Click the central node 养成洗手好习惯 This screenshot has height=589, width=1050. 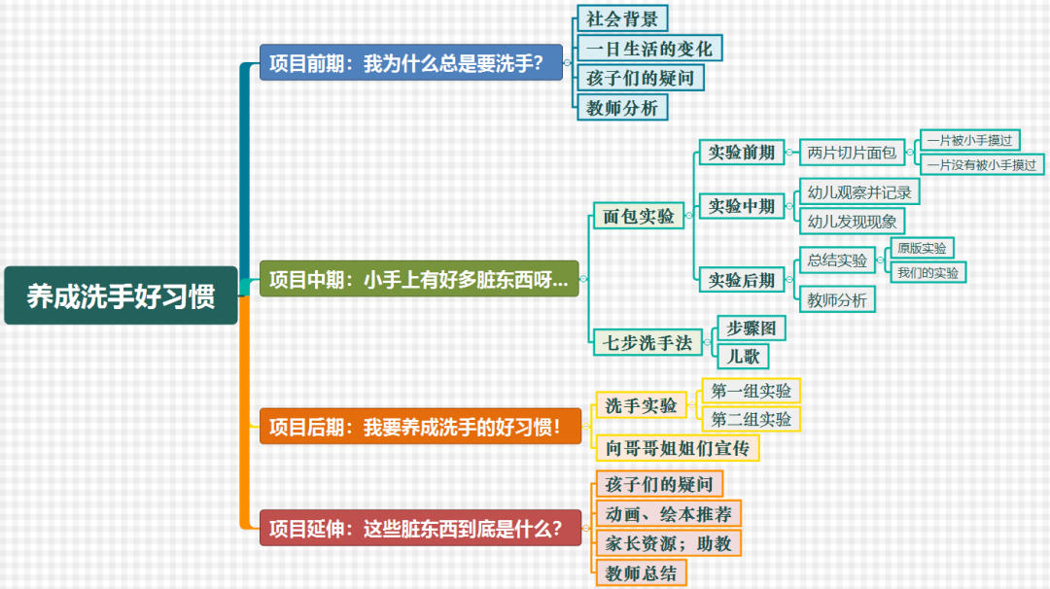(x=121, y=295)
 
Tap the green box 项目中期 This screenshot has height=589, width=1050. (x=419, y=279)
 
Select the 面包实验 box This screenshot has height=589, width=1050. (x=639, y=216)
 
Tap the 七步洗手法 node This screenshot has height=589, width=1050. (x=647, y=342)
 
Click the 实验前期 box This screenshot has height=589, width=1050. (x=742, y=152)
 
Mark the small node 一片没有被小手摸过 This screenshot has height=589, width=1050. (x=981, y=164)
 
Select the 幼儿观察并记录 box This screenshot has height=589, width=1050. (x=859, y=191)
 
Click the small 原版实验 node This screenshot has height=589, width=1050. (x=926, y=248)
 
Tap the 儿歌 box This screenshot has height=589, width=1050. (x=743, y=356)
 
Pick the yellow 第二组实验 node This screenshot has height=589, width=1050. (x=752, y=419)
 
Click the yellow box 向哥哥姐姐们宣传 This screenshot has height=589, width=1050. (x=677, y=448)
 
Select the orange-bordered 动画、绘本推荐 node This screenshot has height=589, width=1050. (x=668, y=513)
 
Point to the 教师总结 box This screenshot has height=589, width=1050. (x=641, y=572)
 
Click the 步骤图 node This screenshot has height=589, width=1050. (x=751, y=329)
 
